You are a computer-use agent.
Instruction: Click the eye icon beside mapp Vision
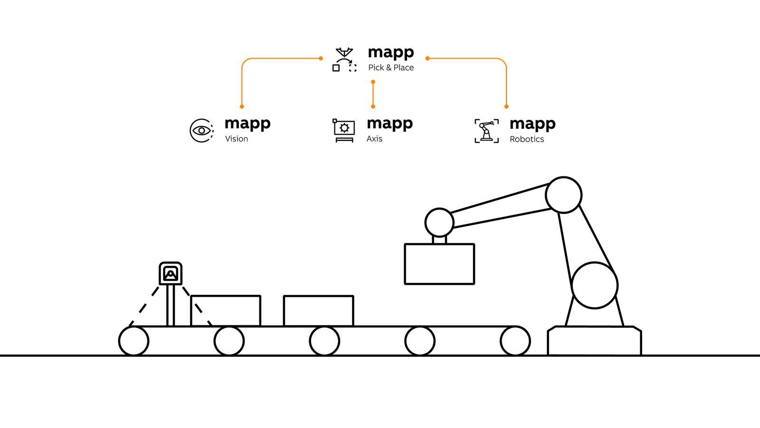click(201, 130)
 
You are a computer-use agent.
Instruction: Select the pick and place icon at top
click(344, 59)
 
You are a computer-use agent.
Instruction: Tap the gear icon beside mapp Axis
click(344, 128)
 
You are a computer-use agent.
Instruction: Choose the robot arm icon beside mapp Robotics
click(486, 131)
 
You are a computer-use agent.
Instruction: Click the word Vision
click(237, 139)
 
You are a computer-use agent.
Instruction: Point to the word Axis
click(374, 139)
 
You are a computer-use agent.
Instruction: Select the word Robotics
click(527, 139)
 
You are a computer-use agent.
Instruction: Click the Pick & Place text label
click(391, 68)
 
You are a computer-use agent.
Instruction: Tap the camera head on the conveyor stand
click(171, 273)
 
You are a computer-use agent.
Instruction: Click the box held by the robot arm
click(439, 264)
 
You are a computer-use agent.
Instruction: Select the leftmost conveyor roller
click(133, 340)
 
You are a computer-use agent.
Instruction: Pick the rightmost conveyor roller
click(515, 340)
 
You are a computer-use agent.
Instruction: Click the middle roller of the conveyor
click(324, 340)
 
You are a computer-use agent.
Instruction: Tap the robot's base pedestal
click(594, 340)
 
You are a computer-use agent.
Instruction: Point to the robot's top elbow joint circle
click(564, 195)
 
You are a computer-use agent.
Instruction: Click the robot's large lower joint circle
click(594, 285)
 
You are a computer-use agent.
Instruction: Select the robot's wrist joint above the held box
click(439, 222)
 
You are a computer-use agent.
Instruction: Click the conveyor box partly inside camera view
click(226, 311)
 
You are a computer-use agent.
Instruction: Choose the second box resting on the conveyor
click(318, 311)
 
